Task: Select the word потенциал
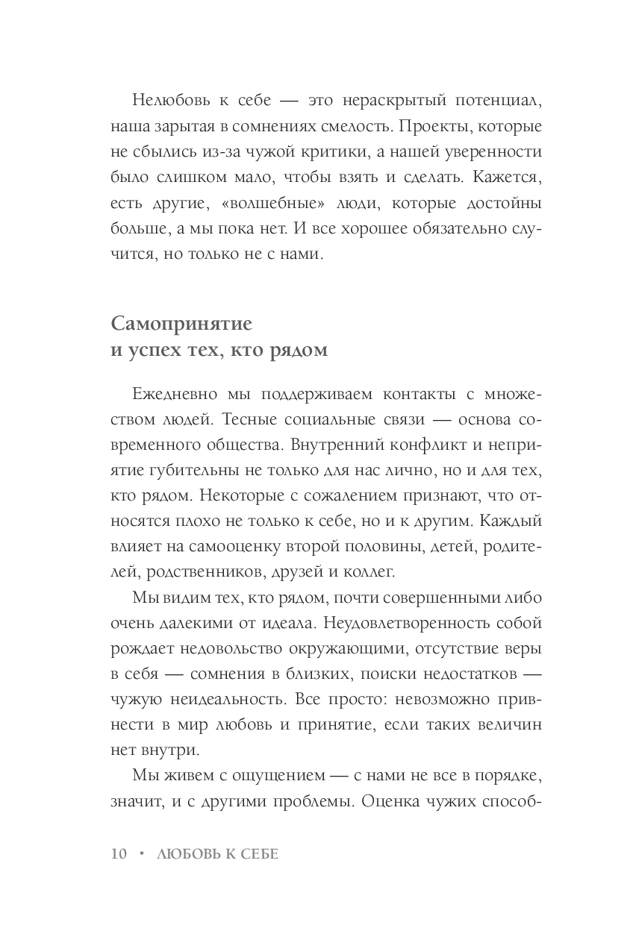point(493,100)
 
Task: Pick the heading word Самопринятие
point(181,324)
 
